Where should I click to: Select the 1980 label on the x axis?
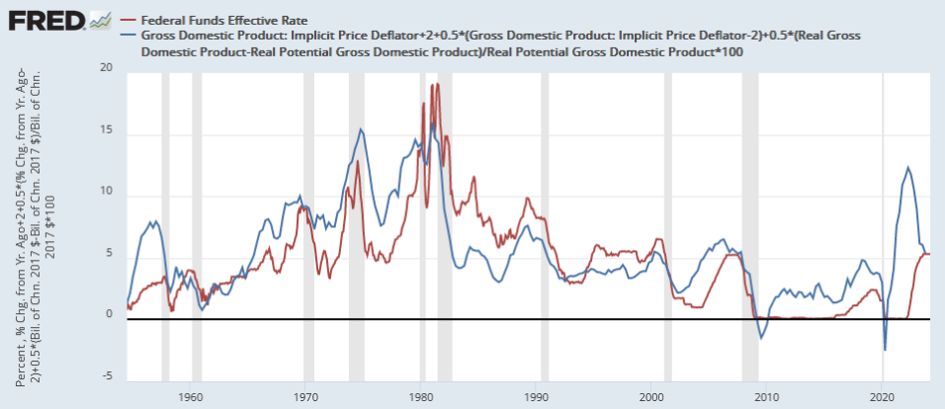pos(421,395)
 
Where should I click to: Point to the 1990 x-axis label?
pos(536,395)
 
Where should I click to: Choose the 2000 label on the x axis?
pos(651,395)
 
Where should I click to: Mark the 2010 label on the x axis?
pos(767,395)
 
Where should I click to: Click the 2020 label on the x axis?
pos(882,395)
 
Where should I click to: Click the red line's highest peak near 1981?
pos(437,84)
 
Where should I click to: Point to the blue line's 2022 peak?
pos(908,167)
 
